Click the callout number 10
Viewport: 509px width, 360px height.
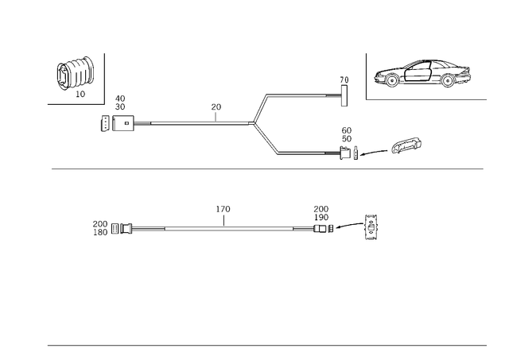(80, 94)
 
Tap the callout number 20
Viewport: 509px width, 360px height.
(216, 106)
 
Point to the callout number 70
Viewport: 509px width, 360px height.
(344, 79)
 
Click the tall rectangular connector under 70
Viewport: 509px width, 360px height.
(344, 95)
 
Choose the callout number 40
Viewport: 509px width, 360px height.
(120, 99)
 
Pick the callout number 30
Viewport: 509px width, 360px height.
(120, 106)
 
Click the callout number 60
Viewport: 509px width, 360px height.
(347, 130)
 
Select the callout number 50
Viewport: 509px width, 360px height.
(347, 139)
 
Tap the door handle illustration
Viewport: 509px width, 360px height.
(406, 145)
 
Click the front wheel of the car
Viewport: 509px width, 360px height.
(392, 79)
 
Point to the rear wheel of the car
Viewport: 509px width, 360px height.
(448, 80)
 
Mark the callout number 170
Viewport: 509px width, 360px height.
(223, 209)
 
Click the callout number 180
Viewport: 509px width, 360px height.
(100, 232)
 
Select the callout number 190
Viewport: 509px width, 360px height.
(321, 217)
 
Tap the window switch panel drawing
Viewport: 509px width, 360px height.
(371, 227)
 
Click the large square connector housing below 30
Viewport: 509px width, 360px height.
(123, 123)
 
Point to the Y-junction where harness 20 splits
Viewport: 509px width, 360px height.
(254, 123)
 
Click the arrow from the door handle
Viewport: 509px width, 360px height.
(374, 153)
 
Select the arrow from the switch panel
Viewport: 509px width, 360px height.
(349, 225)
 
